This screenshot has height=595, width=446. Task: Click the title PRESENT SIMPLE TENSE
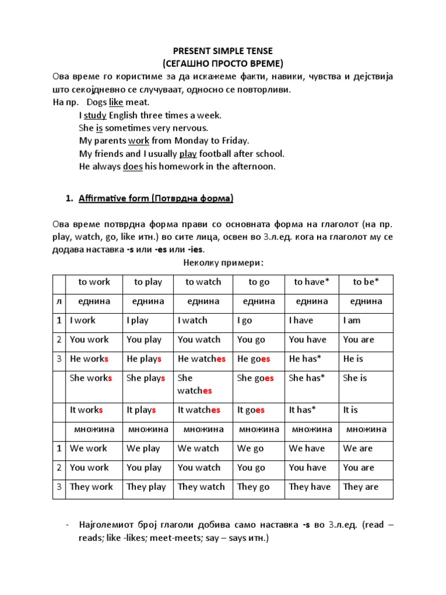223,51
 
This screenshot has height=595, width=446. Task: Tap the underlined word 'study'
95,115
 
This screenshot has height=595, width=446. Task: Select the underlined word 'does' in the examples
132,166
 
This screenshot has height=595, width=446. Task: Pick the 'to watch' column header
203,282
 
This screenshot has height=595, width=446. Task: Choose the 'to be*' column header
366,282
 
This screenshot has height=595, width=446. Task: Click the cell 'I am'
352,320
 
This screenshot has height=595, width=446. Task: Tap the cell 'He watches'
202,359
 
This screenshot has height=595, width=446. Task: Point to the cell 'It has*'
303,410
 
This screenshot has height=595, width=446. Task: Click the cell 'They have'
310,487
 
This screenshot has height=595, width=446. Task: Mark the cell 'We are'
358,449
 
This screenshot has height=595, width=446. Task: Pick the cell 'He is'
353,359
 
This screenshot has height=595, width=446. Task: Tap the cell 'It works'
87,410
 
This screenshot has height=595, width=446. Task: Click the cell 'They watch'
201,487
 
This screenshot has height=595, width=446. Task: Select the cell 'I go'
244,320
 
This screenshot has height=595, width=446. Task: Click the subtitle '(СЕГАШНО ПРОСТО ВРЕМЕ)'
223,63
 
